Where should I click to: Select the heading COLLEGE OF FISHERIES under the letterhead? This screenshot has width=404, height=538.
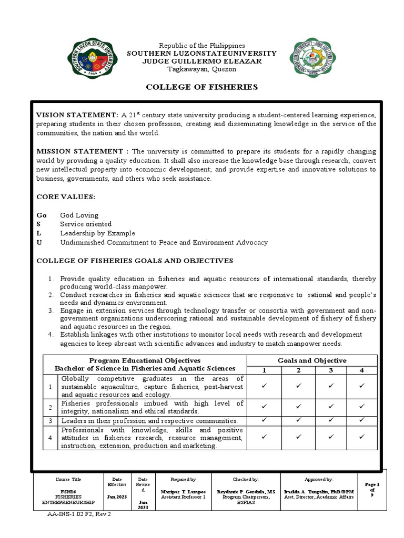click(202, 87)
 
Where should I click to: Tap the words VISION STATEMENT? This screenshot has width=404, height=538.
click(77, 115)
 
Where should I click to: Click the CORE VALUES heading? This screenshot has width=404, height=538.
click(65, 196)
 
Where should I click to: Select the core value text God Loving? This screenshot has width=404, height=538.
click(79, 215)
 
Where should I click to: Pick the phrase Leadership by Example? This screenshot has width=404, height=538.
click(97, 233)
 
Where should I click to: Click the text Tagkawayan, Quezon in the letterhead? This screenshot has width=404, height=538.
click(202, 69)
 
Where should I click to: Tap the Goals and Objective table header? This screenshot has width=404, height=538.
click(312, 360)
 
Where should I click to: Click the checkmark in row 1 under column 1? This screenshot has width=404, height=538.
click(265, 386)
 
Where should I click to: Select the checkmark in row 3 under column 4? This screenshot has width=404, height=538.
click(362, 420)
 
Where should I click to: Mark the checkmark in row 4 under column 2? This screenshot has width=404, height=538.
click(298, 437)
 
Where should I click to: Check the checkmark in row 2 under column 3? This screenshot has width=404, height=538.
click(331, 406)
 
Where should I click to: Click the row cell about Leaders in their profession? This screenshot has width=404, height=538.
click(149, 421)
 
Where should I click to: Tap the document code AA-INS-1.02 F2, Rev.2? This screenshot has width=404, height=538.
click(79, 514)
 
